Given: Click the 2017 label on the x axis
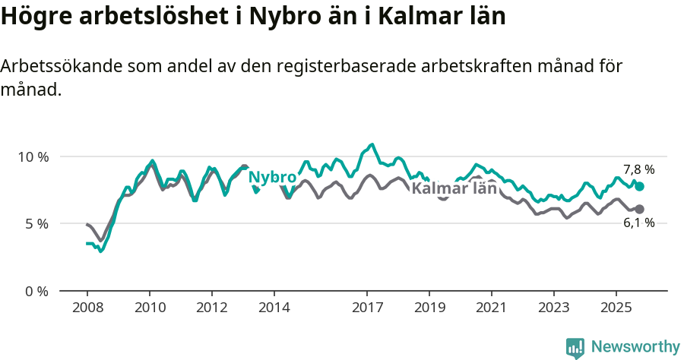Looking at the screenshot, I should click(x=367, y=309).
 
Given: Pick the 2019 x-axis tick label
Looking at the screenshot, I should click(x=429, y=309).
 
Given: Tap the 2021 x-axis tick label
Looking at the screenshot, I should click(x=492, y=309).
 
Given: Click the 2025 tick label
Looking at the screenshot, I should click(x=616, y=309).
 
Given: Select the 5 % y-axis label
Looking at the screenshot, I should click(x=37, y=224).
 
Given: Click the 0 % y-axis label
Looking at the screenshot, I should click(x=37, y=291).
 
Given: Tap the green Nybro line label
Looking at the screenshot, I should click(x=272, y=178).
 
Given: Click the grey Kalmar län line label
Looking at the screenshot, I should click(x=454, y=188).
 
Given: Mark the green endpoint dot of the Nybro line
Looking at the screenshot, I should click(x=640, y=186).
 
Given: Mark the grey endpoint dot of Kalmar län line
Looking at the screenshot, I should click(x=640, y=209).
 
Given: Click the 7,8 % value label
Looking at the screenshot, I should click(x=638, y=170).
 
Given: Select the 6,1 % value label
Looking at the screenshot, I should click(x=638, y=223).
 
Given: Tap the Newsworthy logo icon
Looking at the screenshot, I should click(x=575, y=348).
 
